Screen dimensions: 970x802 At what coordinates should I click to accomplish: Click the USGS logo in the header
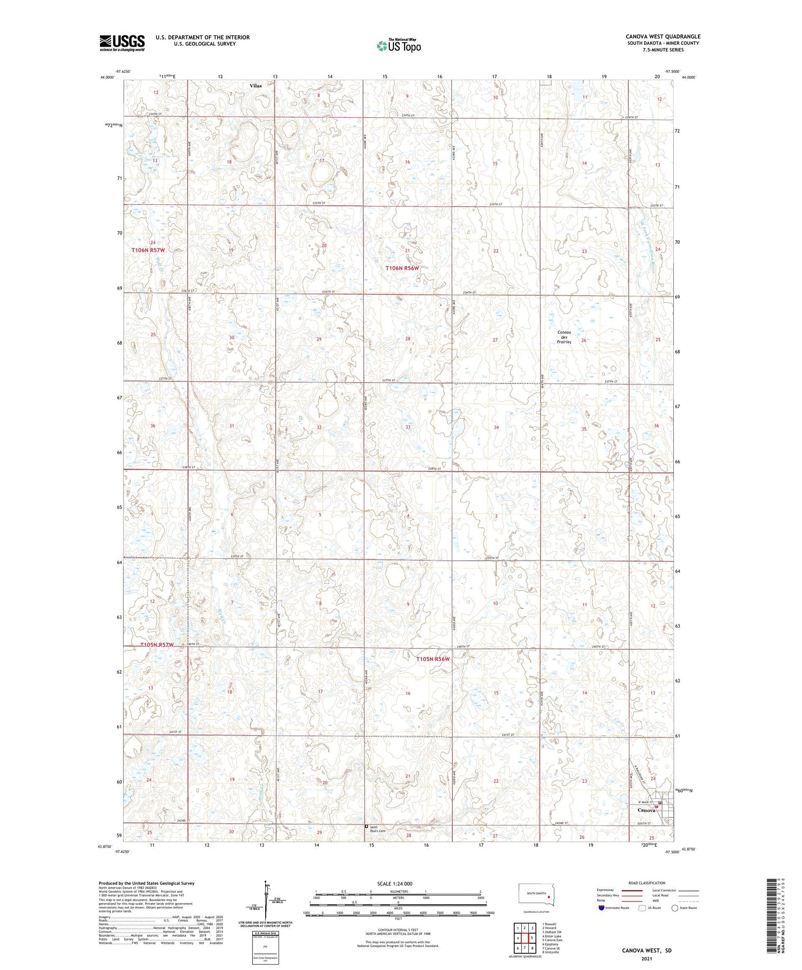click(122, 43)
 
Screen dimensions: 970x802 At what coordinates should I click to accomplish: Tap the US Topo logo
click(398, 45)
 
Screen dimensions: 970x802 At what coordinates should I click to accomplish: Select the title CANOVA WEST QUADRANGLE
click(663, 36)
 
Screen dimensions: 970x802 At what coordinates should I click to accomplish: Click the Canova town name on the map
click(646, 810)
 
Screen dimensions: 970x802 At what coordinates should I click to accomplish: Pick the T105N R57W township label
click(157, 645)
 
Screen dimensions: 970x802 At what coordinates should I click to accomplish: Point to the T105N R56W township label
click(433, 659)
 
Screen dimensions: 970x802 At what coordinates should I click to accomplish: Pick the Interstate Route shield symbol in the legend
click(601, 908)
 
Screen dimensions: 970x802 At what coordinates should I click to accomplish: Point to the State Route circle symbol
click(675, 908)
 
